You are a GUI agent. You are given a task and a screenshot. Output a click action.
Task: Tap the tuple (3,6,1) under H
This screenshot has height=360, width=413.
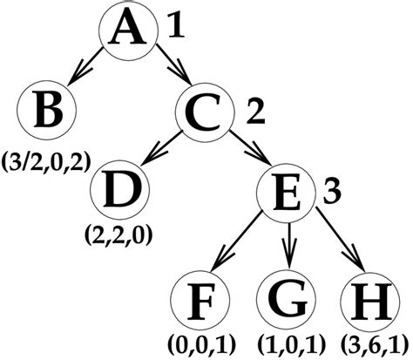373,345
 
